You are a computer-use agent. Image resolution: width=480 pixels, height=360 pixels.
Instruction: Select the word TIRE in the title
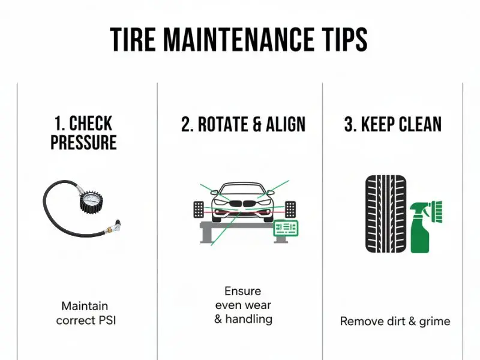tap(133, 40)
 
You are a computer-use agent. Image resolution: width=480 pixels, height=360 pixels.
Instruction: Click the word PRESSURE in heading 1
tap(83, 142)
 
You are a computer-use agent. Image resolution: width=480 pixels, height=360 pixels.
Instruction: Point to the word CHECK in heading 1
tap(91, 124)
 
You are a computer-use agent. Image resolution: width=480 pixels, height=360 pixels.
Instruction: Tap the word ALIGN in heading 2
tap(286, 124)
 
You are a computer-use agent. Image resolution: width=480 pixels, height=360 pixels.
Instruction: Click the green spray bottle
tap(419, 228)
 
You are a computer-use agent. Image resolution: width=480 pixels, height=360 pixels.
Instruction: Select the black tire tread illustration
tap(386, 214)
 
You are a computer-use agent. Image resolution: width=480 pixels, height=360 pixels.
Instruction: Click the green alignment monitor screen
tap(286, 228)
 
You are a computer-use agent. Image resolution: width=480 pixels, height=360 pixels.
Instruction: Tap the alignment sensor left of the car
tap(199, 209)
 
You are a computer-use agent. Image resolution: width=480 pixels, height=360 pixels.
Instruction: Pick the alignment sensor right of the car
tap(290, 209)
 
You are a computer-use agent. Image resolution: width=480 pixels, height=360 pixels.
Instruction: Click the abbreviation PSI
tap(107, 320)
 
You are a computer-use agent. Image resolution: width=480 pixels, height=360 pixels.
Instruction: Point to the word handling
tap(248, 319)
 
